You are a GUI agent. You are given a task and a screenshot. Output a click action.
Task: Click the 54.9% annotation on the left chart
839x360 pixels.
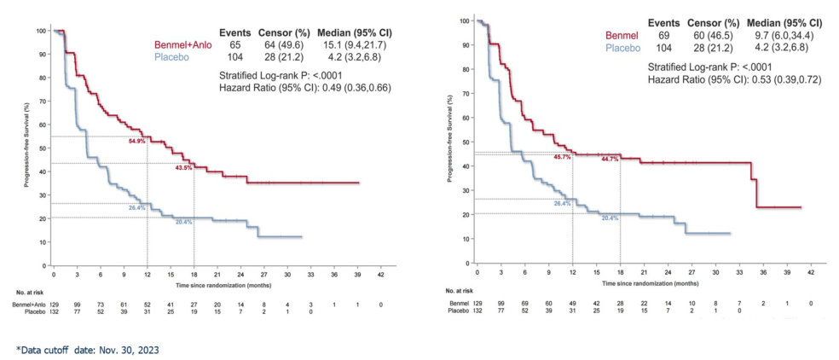click(x=136, y=141)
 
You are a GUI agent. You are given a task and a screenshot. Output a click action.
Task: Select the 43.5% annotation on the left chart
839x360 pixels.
click(x=183, y=168)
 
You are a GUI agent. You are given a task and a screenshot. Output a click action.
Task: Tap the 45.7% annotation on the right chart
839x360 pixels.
click(x=563, y=158)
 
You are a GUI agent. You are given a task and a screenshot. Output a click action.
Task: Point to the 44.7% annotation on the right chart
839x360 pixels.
click(x=610, y=159)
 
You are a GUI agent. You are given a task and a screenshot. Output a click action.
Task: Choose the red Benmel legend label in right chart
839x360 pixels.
click(x=621, y=35)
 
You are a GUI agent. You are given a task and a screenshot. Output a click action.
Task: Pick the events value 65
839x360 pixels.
click(x=234, y=44)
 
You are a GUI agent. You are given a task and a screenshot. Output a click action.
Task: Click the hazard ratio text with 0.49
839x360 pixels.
click(x=305, y=87)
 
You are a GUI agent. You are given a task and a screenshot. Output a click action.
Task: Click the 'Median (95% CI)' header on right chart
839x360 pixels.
click(x=784, y=22)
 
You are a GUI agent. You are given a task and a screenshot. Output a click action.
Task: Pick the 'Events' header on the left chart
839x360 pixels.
click(x=234, y=31)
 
